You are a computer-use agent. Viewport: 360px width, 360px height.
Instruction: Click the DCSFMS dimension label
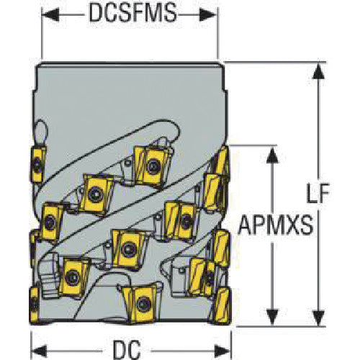132,13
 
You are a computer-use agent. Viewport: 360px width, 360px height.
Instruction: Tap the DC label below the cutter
127,350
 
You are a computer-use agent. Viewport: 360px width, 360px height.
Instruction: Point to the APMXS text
275,225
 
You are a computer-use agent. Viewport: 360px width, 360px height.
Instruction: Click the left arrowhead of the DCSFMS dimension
50,14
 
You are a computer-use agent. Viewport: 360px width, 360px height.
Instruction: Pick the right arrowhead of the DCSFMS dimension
208,14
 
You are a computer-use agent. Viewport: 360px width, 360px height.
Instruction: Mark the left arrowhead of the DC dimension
40,351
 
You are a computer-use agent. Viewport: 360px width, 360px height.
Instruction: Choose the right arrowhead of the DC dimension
222,351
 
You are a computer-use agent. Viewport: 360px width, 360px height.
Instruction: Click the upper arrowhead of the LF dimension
318,71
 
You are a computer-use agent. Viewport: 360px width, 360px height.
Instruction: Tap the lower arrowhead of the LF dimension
318,318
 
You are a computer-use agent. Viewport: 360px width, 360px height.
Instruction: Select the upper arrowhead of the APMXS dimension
272,155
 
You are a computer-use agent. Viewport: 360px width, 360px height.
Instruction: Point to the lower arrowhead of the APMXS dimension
272,318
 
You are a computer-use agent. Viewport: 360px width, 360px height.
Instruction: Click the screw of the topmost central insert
152,166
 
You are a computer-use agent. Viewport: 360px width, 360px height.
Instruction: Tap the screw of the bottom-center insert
143,304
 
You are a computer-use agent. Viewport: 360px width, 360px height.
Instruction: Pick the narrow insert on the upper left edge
37,164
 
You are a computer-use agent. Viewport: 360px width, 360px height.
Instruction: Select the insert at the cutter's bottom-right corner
222,305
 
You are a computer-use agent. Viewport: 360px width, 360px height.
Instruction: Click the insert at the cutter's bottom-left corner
34,305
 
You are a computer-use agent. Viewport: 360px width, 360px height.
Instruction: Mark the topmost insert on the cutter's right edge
222,160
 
